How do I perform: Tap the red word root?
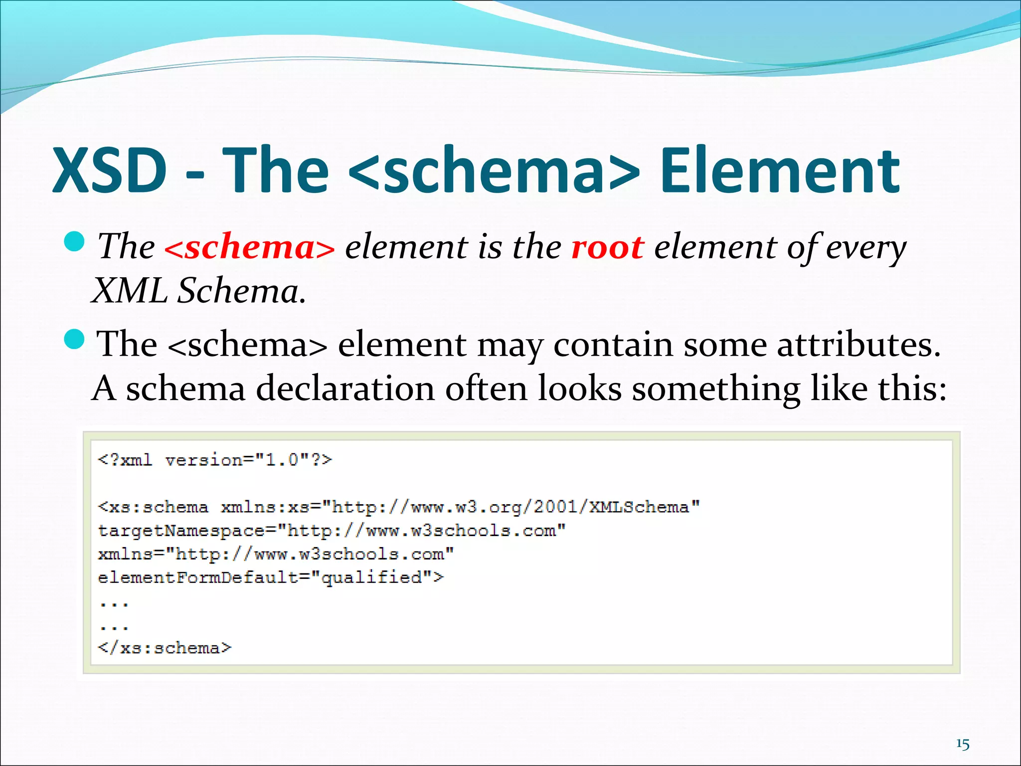(x=607, y=247)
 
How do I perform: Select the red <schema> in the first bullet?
(x=249, y=248)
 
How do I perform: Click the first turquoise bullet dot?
(x=75, y=242)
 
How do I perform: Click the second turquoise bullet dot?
(x=75, y=340)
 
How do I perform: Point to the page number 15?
(x=963, y=745)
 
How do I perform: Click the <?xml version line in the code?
(x=215, y=460)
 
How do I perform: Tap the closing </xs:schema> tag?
(x=165, y=648)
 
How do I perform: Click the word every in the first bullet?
(x=865, y=248)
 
